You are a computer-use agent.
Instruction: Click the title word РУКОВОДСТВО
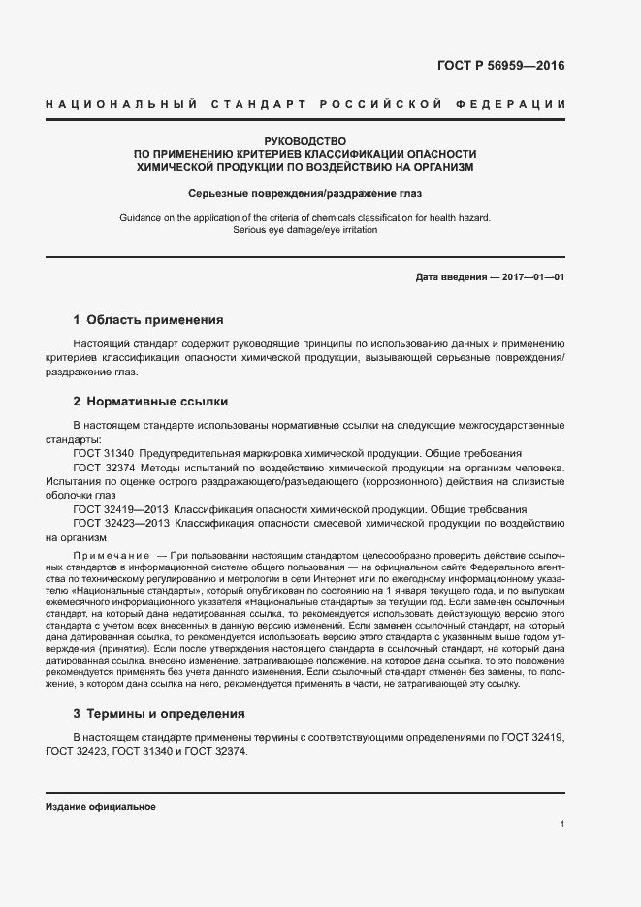pos(305,142)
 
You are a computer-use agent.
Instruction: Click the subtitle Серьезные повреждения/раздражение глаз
pos(305,193)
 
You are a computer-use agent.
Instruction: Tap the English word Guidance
pos(142,218)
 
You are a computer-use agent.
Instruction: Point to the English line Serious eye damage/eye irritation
pos(305,231)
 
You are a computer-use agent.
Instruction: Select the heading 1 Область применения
pos(148,319)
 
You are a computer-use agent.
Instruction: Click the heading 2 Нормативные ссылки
pos(150,401)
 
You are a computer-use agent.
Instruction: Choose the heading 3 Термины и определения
pos(159,713)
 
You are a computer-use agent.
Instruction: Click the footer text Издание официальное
pos(101,807)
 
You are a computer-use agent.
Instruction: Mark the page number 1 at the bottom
pos(562,825)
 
